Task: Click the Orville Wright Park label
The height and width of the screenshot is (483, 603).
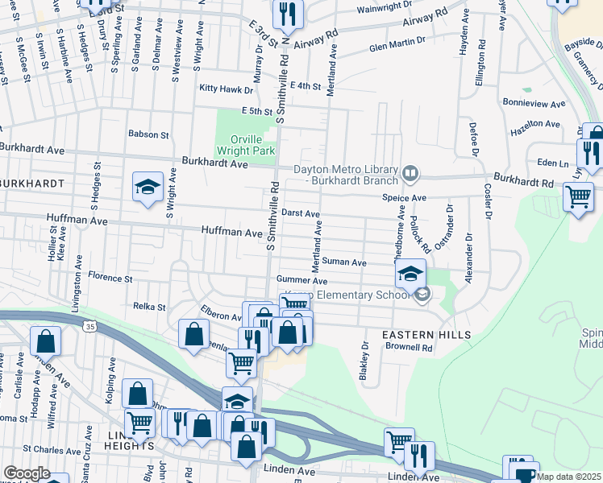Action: coord(247,144)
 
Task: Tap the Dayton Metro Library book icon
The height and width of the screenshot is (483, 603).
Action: coord(410,173)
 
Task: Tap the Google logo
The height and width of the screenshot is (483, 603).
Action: coord(26,473)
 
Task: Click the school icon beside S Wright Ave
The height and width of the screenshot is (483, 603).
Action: coord(148,188)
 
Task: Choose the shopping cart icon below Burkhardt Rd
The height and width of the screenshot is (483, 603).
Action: coord(578,196)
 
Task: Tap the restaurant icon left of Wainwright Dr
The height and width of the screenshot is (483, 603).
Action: coord(288,12)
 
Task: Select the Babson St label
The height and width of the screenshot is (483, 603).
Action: coord(148,134)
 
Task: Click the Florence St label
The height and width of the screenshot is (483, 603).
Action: coord(110,278)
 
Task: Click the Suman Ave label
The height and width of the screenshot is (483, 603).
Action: coord(344,262)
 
